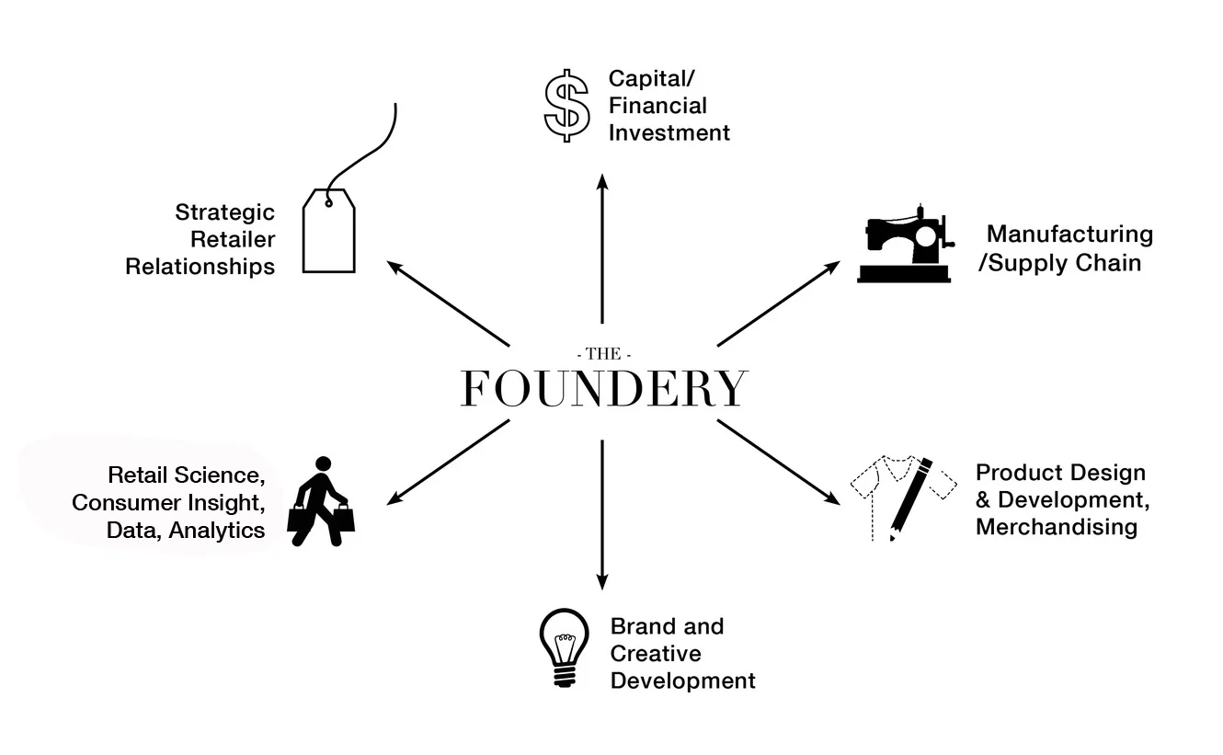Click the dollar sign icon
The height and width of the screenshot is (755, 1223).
click(566, 105)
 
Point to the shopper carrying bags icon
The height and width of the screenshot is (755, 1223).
click(321, 502)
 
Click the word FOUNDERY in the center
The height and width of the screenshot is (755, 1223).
click(603, 388)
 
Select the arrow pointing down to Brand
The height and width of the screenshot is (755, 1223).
click(602, 515)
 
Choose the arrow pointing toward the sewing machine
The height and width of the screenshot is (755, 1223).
click(778, 303)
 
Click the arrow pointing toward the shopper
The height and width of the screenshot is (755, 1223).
click(448, 463)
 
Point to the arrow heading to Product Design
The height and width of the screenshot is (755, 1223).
click(778, 463)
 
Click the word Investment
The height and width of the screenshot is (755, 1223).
click(669, 132)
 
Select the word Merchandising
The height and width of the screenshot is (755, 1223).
click(1056, 527)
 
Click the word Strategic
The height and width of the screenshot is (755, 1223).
click(224, 212)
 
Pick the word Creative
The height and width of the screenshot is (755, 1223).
click(656, 654)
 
